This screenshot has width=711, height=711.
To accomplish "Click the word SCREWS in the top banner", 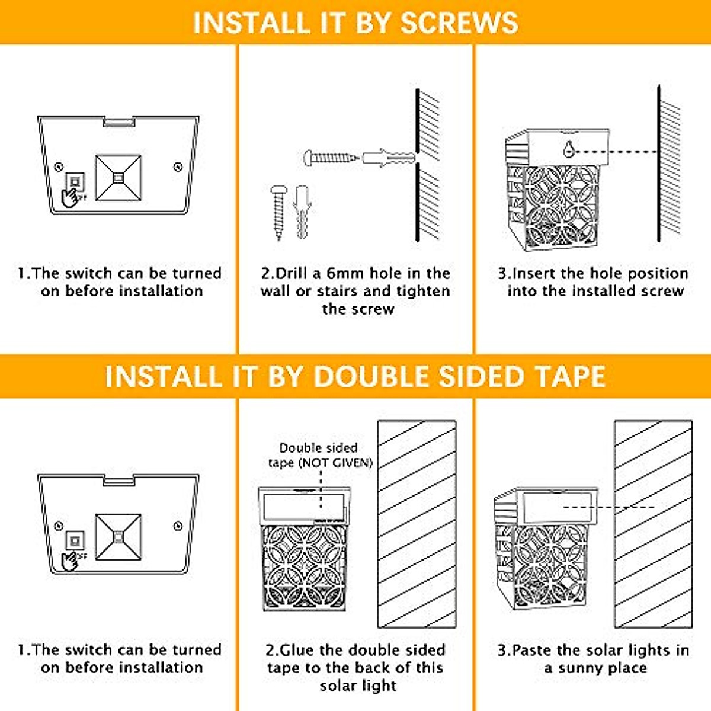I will click(x=459, y=23).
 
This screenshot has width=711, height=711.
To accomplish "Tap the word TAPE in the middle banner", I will click(x=569, y=377).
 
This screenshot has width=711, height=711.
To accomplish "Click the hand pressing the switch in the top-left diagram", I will click(x=71, y=197).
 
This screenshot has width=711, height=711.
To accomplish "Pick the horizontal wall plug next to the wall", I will click(x=387, y=158).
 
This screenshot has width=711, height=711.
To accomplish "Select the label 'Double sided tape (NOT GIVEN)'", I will click(x=320, y=455).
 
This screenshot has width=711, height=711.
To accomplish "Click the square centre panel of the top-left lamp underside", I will click(x=118, y=178).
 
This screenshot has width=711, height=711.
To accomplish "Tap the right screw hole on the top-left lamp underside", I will click(x=178, y=168).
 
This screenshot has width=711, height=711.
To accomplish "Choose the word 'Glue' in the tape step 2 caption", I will click(x=296, y=650).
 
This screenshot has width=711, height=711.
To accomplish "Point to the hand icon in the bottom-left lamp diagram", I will click(x=71, y=560).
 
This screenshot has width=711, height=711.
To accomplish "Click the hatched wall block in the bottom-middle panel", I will click(x=417, y=524).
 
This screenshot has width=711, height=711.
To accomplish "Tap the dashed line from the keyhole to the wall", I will click(x=613, y=152).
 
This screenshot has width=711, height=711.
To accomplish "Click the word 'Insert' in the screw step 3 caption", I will click(x=534, y=274).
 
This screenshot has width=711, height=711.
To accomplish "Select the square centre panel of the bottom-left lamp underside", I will click(x=118, y=537).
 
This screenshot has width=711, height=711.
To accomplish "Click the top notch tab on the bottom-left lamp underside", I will click(x=118, y=480).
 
